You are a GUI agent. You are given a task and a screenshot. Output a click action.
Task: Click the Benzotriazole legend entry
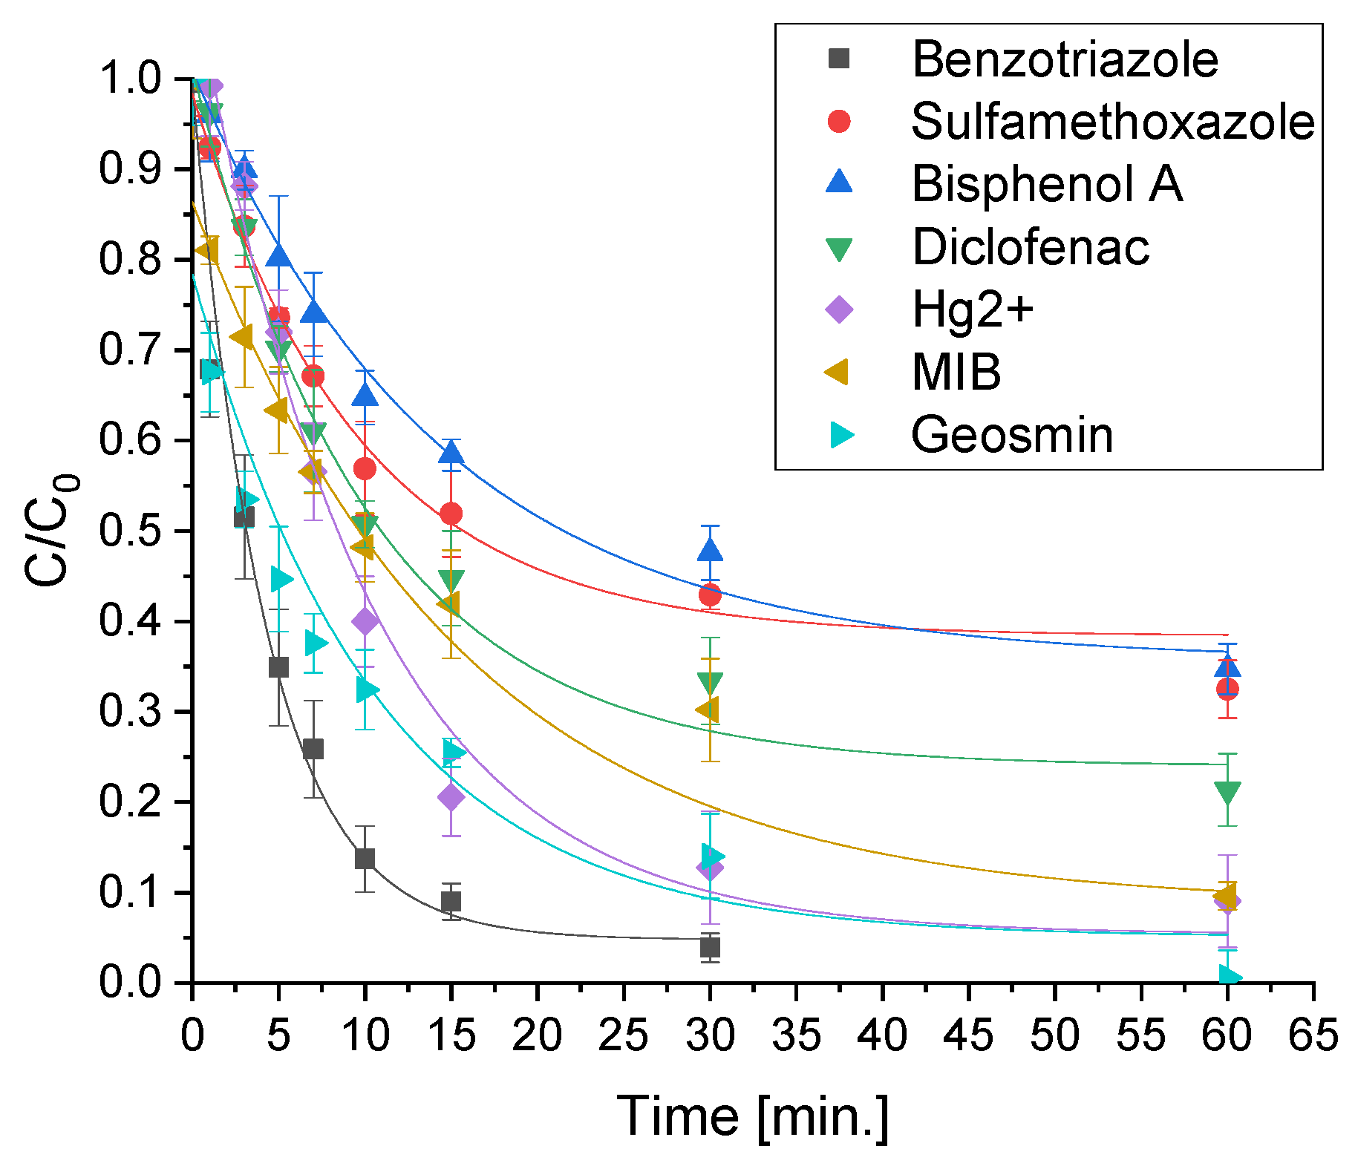[1065, 59]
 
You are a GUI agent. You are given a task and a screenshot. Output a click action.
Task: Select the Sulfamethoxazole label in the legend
[1112, 122]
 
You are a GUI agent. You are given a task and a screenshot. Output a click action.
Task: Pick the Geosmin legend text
[1011, 435]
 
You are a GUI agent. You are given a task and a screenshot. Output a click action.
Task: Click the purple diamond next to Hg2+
[839, 309]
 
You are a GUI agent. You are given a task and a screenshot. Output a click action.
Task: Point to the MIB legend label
[956, 372]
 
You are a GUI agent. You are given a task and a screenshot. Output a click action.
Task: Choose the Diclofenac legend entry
[1031, 247]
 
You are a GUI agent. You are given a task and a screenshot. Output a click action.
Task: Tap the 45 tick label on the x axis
[968, 1035]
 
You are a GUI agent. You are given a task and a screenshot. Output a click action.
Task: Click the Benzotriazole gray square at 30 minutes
[710, 947]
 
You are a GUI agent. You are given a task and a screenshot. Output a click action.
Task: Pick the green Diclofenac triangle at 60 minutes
[1227, 793]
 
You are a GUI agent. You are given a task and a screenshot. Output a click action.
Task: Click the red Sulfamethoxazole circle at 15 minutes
[451, 514]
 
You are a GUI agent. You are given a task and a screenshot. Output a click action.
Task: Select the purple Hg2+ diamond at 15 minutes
[451, 797]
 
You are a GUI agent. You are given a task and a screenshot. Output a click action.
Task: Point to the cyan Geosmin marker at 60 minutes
[1230, 976]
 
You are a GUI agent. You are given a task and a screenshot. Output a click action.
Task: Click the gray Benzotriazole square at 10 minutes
[365, 859]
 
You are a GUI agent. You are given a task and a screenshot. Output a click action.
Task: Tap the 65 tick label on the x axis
[1313, 1035]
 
